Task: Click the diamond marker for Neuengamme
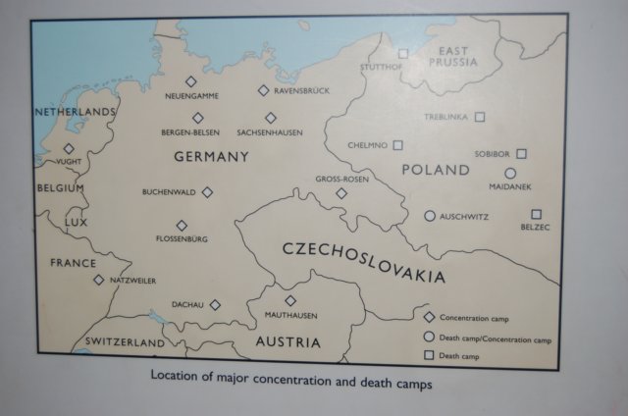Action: click(x=191, y=82)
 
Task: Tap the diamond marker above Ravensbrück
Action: click(x=263, y=90)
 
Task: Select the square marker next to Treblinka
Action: click(x=480, y=117)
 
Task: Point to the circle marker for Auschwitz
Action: click(x=429, y=216)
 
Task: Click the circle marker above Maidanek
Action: click(x=510, y=174)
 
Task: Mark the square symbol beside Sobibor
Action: click(x=521, y=154)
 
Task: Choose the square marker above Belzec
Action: click(x=536, y=214)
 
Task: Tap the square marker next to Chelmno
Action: click(x=397, y=145)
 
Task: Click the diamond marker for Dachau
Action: click(x=215, y=305)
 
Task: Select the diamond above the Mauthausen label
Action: click(x=290, y=300)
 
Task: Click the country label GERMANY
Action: click(x=211, y=157)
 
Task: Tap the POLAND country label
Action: click(x=436, y=170)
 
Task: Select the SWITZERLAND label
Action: click(x=124, y=342)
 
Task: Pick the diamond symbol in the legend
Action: click(x=428, y=318)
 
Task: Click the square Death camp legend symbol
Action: click(x=428, y=354)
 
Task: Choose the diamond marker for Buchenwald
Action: click(x=207, y=192)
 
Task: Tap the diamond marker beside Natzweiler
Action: click(x=98, y=280)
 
